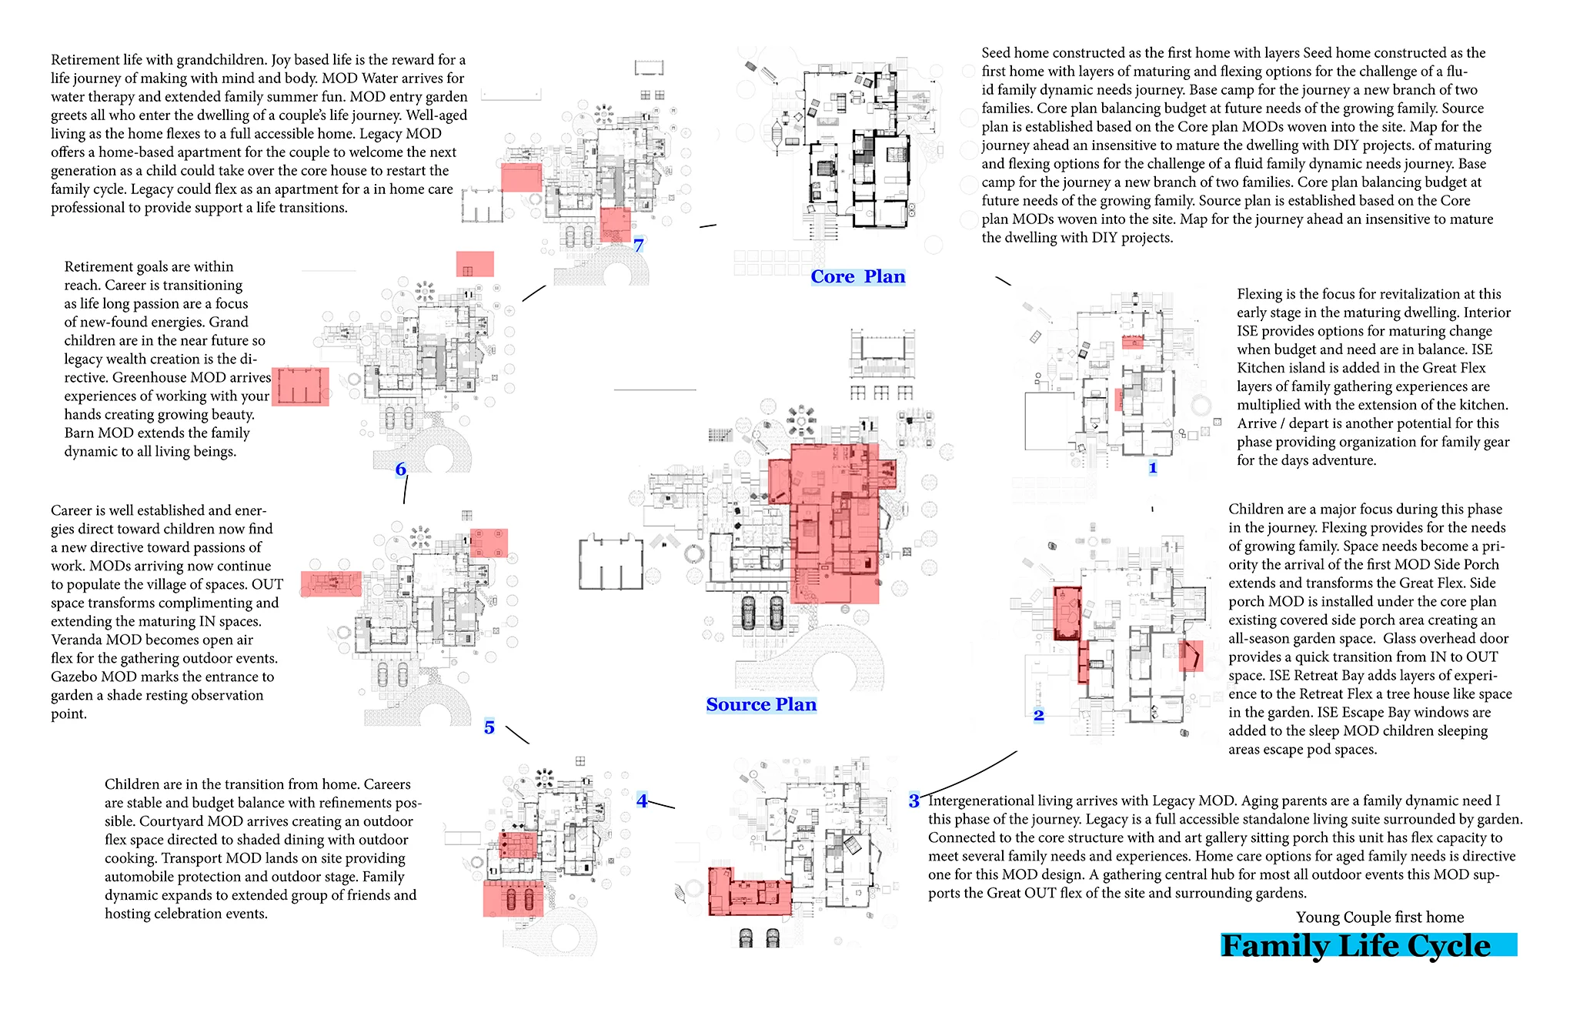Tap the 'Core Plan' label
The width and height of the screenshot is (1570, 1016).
[x=857, y=277]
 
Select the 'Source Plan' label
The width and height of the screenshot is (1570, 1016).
[x=761, y=704]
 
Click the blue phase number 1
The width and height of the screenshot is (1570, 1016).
[x=1152, y=467]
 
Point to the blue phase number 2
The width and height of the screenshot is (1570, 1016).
[x=1038, y=715]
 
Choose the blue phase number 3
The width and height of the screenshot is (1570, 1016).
[x=914, y=800]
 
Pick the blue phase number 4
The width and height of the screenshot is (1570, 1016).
[x=642, y=800]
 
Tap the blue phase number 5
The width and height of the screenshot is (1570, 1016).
[x=489, y=727]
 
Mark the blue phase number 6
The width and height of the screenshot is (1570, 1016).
[x=400, y=469]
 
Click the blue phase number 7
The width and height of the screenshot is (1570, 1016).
[x=638, y=245]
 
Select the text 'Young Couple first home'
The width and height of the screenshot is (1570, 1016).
[x=1379, y=917]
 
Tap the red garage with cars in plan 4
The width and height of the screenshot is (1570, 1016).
[x=513, y=898]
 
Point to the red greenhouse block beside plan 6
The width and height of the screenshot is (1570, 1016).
[x=300, y=386]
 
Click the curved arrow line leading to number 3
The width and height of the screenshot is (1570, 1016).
[x=974, y=774]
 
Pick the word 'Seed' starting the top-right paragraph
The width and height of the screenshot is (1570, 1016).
[x=995, y=53]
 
